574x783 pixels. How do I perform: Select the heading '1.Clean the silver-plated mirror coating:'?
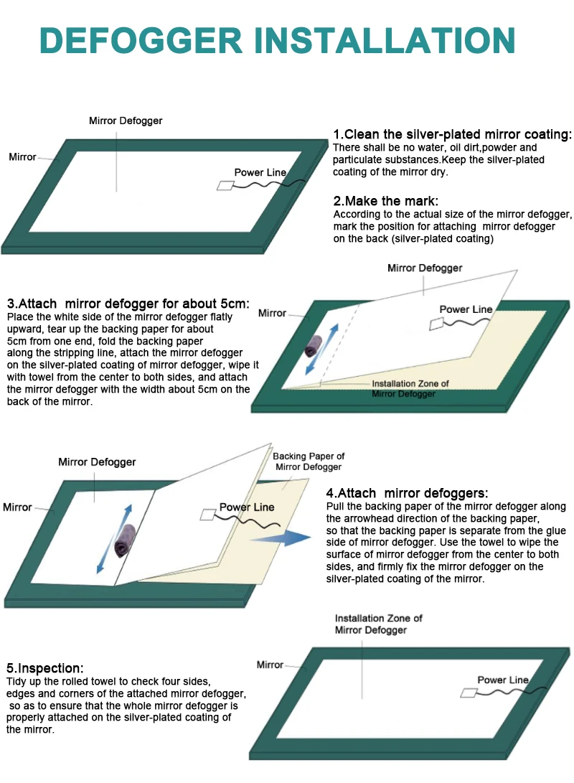[x=453, y=135]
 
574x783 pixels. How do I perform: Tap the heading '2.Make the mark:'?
[x=385, y=201]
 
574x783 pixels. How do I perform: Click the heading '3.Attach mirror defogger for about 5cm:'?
[x=128, y=304]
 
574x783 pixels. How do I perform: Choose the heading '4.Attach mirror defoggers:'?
[x=407, y=493]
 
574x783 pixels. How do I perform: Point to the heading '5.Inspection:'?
[x=45, y=668]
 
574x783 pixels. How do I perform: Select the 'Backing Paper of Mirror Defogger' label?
[x=309, y=461]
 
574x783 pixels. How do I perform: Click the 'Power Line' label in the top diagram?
[x=260, y=172]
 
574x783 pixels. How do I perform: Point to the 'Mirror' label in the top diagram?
[x=22, y=156]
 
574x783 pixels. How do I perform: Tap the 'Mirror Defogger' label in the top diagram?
[x=126, y=121]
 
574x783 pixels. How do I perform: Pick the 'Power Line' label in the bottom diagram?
[x=502, y=680]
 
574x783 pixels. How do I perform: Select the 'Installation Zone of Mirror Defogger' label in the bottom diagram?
[x=378, y=624]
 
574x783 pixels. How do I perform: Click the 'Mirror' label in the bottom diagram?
[x=270, y=665]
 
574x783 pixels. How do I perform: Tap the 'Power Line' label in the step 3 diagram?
[x=466, y=309]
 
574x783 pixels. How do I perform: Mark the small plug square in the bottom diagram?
[x=469, y=693]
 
